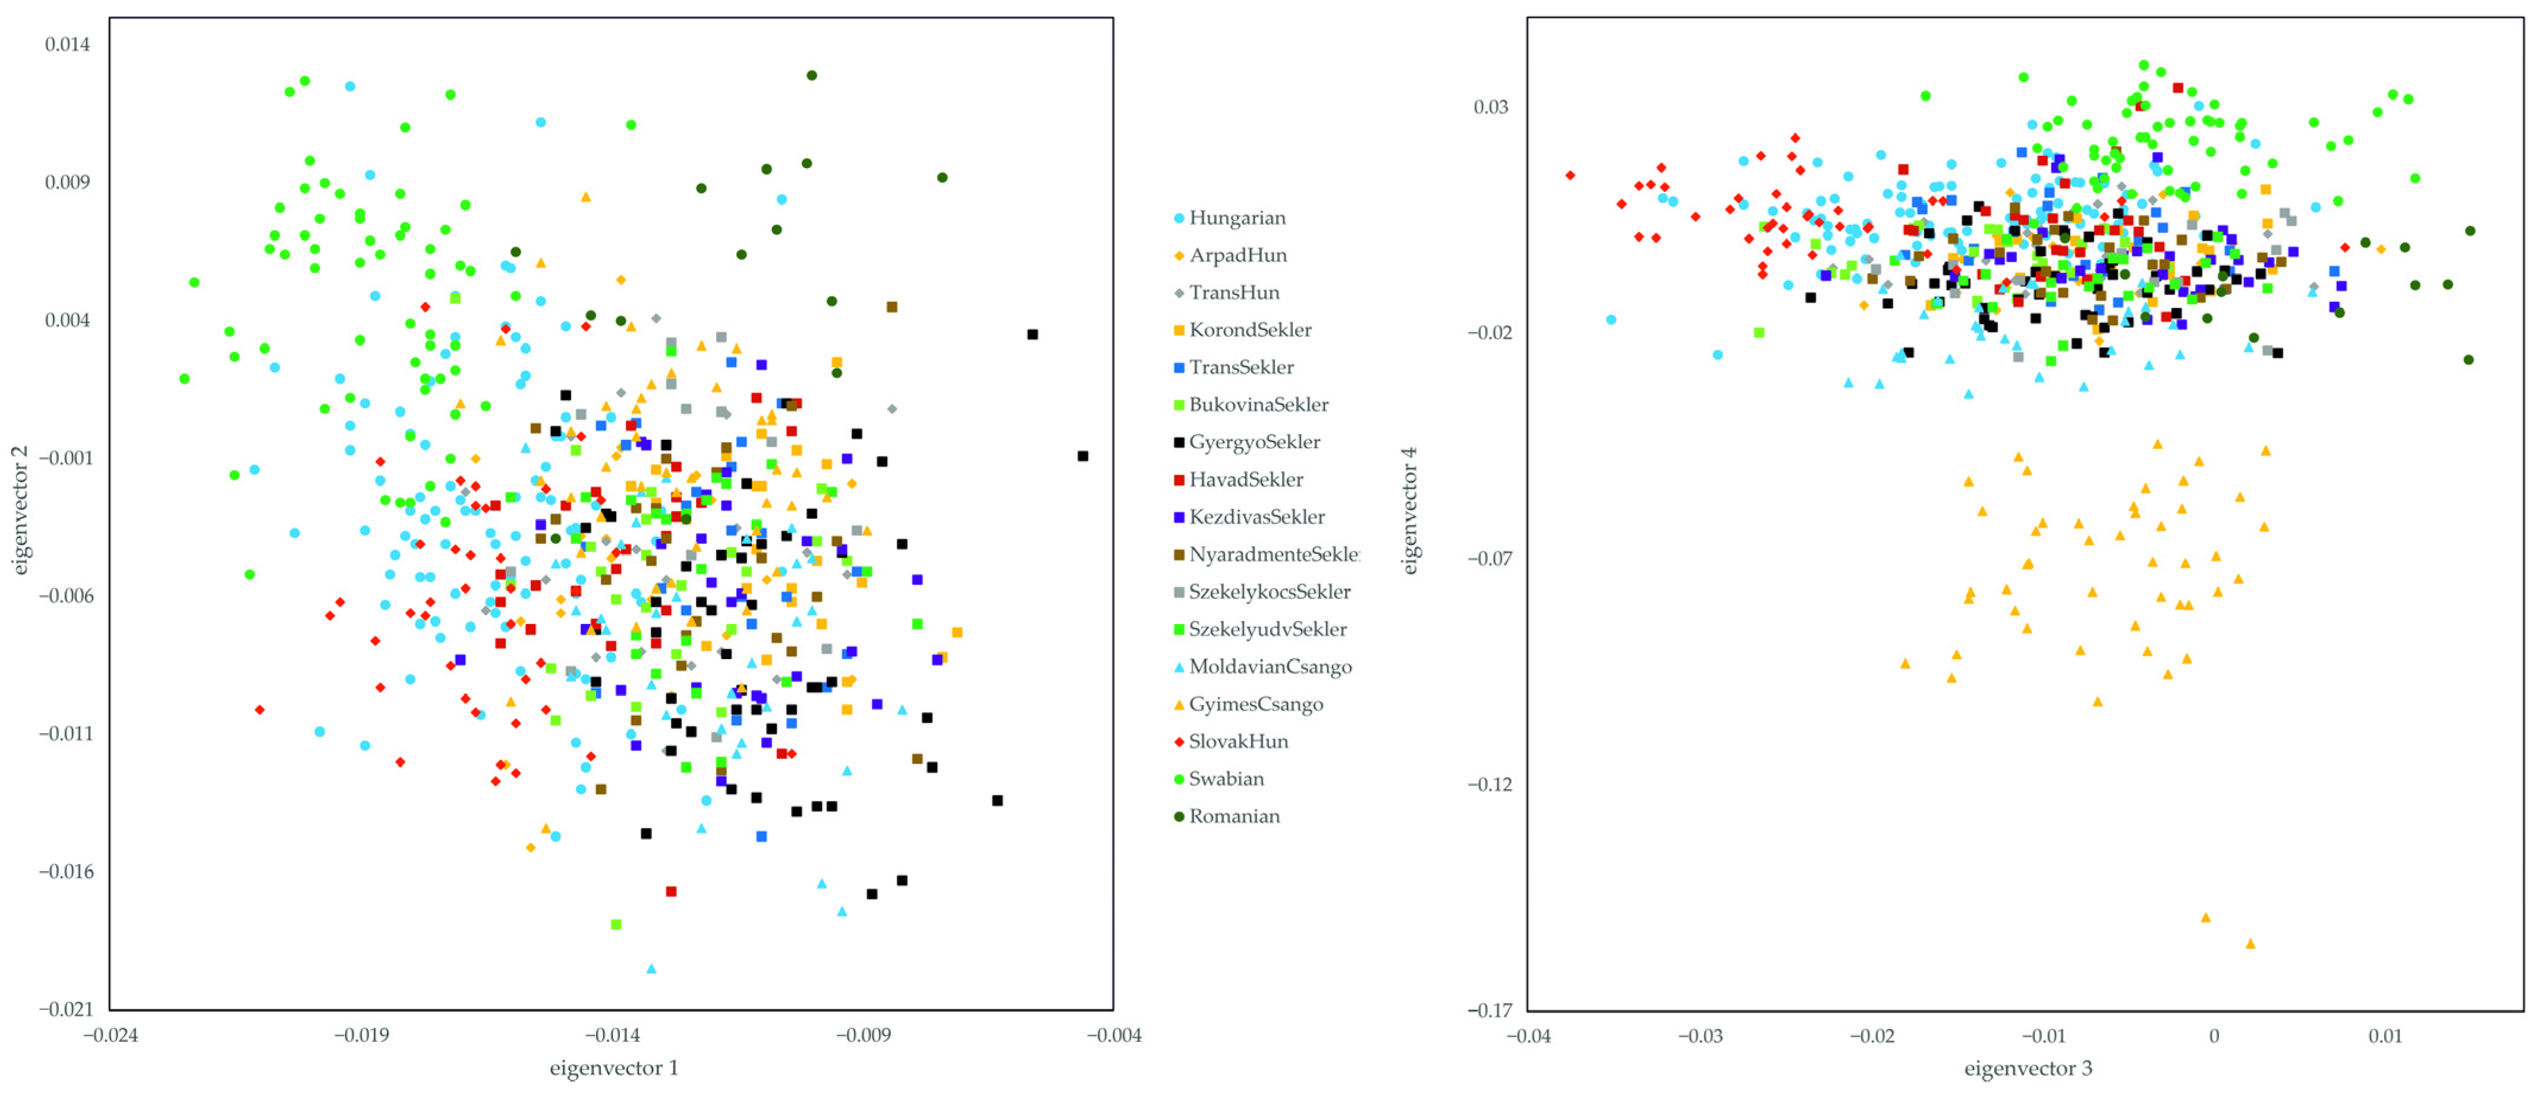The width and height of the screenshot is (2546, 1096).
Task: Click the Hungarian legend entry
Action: coord(1236,218)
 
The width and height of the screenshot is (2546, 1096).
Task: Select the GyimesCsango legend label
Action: coord(1255,704)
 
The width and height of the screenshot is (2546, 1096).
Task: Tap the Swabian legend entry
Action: coord(1225,779)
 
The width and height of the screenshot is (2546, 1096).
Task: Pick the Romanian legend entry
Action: coord(1233,816)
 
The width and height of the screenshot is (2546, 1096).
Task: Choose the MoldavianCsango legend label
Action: coord(1269,666)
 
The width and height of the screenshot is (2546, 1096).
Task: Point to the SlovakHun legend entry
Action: coord(1237,741)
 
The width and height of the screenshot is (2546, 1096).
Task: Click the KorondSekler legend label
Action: coord(1249,330)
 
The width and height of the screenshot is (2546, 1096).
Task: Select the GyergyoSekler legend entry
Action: coord(1253,442)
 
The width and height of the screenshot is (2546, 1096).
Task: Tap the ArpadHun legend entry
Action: coord(1237,255)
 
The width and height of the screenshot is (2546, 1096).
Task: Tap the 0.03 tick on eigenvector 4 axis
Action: coord(1491,107)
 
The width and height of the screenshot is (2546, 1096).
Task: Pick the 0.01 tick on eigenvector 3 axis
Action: coord(2385,1036)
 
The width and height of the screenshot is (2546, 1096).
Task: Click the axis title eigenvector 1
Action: coord(614,1067)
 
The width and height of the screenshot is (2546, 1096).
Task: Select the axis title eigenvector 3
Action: coord(2027,1068)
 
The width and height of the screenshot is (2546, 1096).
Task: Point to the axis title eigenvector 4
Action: coord(1410,510)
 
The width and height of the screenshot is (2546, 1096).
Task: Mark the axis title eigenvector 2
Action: coord(20,510)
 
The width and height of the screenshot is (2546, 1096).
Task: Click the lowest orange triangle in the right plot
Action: coord(2251,944)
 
